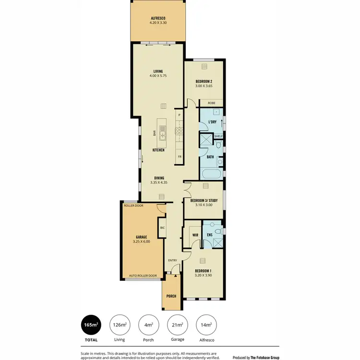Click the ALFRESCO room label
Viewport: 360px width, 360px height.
tap(158, 20)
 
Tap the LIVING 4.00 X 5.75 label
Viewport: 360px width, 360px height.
tap(158, 73)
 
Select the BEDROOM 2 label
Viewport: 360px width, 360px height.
tap(204, 84)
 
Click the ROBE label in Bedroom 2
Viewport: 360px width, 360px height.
tap(211, 103)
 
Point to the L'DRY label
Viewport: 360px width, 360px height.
tap(212, 122)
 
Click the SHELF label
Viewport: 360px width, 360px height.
tap(218, 136)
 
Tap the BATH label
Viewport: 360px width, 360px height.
tap(210, 157)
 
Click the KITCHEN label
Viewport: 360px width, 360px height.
tap(158, 150)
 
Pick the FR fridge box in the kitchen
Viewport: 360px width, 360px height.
tap(180, 157)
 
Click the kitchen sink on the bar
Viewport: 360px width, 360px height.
tap(162, 132)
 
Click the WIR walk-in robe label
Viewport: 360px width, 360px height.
tap(195, 235)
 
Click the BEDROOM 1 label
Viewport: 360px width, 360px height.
tap(204, 273)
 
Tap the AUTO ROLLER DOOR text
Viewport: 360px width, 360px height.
tap(143, 276)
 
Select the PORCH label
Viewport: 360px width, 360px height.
tap(171, 296)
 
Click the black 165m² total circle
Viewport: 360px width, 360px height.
tap(91, 325)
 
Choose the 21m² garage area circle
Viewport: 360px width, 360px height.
tap(177, 325)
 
